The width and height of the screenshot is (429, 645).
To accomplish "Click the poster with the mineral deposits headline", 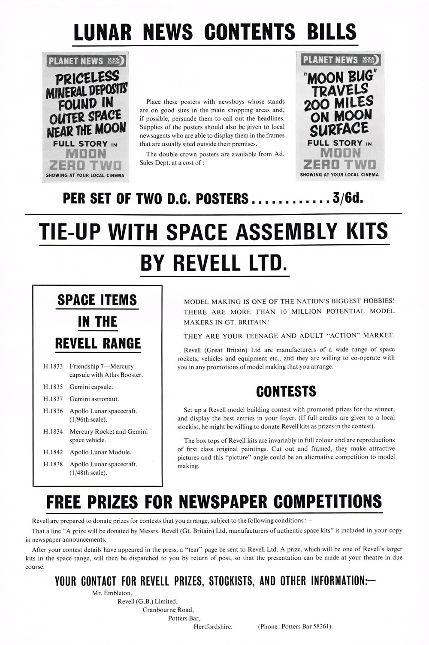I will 86,117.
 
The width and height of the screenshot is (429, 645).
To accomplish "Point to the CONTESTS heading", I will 286,391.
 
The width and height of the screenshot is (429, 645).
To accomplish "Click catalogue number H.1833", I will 53,366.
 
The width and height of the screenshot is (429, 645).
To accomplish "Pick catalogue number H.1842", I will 53,452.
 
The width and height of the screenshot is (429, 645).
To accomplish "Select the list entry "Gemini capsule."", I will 91,387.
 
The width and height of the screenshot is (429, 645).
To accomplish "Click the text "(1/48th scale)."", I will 88,473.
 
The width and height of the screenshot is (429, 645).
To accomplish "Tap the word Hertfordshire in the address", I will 213,626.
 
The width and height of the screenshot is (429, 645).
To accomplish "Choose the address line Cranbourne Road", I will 168,609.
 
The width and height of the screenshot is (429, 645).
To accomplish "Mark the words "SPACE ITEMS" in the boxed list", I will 97,300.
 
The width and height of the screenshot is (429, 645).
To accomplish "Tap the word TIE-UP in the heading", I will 70,232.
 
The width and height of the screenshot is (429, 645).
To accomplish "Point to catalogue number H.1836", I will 53,411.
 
